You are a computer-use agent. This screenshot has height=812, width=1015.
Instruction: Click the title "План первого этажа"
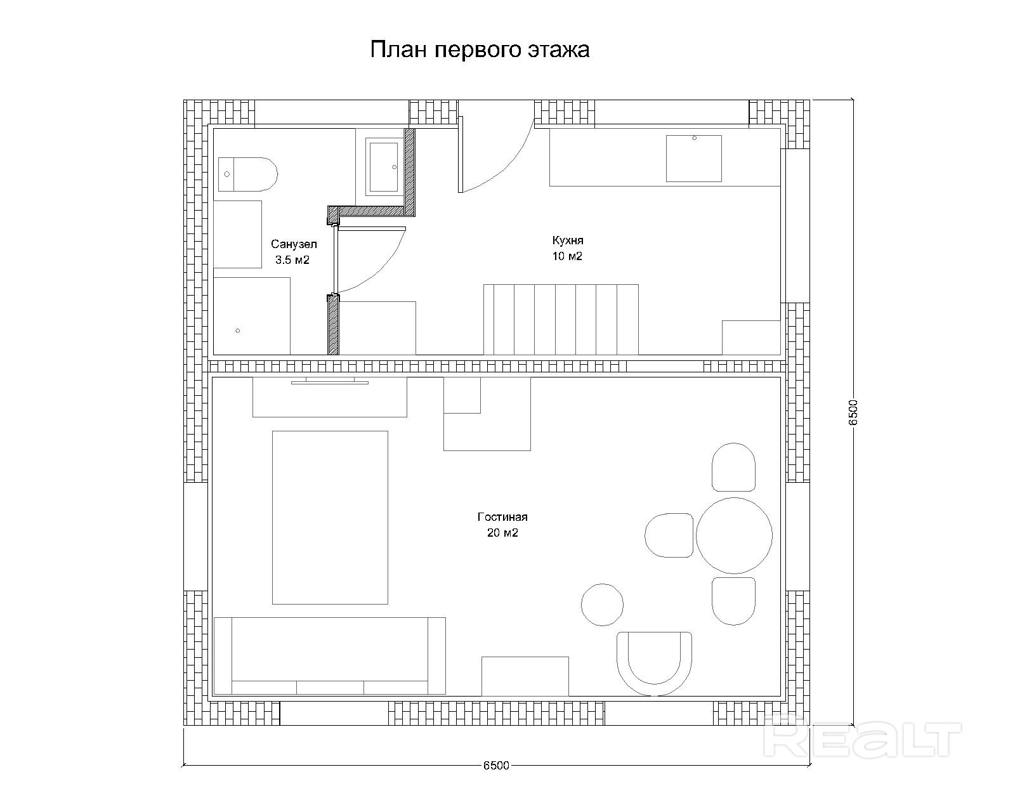[x=480, y=50]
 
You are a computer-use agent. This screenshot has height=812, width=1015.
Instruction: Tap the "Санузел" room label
[x=294, y=244]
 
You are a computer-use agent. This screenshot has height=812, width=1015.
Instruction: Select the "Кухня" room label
[x=568, y=240]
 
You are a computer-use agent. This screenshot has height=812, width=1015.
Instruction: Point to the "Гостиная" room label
[x=502, y=516]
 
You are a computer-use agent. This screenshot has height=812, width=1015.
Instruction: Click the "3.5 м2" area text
[x=292, y=260]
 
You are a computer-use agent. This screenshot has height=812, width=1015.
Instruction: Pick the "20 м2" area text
[x=503, y=533]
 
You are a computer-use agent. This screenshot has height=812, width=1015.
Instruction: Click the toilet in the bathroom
[x=247, y=174]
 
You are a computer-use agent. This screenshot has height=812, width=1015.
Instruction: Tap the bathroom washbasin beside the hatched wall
[x=384, y=167]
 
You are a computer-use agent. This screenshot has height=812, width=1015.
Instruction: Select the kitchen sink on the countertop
[x=694, y=159]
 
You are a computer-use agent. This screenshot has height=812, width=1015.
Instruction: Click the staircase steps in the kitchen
[x=561, y=320]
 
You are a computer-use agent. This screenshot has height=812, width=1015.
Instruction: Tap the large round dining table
[x=734, y=535]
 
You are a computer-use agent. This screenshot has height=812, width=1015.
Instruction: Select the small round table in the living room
[x=602, y=605]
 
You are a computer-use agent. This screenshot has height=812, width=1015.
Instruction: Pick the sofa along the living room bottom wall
[x=330, y=656]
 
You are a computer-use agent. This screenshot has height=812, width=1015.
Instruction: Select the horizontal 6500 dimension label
[x=496, y=765]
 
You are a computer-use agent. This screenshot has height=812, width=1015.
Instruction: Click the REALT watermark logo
[x=862, y=740]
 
